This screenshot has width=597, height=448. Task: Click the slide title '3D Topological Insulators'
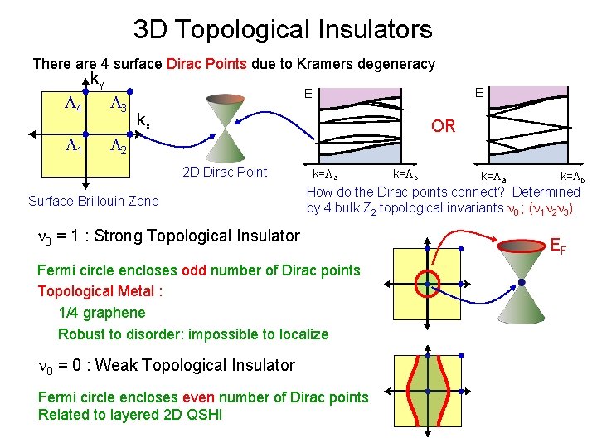pos(283,30)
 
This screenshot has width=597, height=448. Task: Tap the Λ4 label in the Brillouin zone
pos(73,107)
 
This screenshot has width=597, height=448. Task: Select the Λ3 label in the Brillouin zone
pos(119,107)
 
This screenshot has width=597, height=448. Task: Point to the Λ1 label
pos(73,147)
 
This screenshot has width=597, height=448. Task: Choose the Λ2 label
pos(119,147)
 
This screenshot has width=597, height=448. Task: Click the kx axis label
pos(143,120)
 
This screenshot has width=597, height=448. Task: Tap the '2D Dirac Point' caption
pos(225,173)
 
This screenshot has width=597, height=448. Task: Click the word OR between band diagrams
pos(444,126)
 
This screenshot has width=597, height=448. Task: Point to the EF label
pos(560,247)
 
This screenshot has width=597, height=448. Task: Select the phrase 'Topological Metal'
pos(96,291)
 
